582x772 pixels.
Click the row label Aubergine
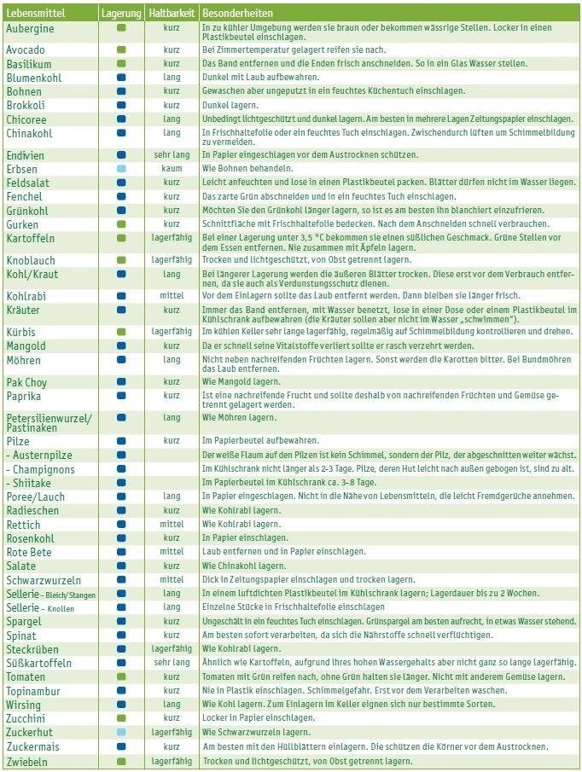pyautogui.click(x=30, y=28)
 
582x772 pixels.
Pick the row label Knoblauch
pyautogui.click(x=31, y=259)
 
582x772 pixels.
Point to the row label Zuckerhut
pyautogui.click(x=31, y=732)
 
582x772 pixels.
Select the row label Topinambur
pyautogui.click(x=33, y=690)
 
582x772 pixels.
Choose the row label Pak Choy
pyautogui.click(x=26, y=382)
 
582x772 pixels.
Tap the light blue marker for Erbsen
pyautogui.click(x=121, y=169)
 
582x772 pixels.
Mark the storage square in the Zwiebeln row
pyautogui.click(x=121, y=761)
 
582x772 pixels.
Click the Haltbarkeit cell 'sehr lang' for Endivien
pyautogui.click(x=172, y=155)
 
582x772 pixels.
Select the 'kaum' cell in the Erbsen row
pyautogui.click(x=172, y=169)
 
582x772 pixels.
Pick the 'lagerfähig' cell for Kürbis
pyautogui.click(x=172, y=331)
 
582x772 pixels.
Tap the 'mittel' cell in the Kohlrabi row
pyautogui.click(x=172, y=295)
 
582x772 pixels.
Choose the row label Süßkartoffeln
pyautogui.click(x=39, y=663)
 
